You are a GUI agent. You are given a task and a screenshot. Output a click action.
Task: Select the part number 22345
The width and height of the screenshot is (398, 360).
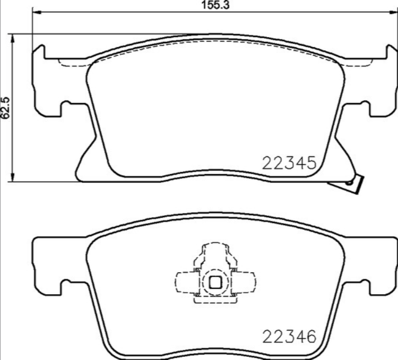tap(289, 162)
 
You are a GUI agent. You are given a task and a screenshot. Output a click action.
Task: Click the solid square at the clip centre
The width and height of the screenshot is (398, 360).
tap(215, 283)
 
